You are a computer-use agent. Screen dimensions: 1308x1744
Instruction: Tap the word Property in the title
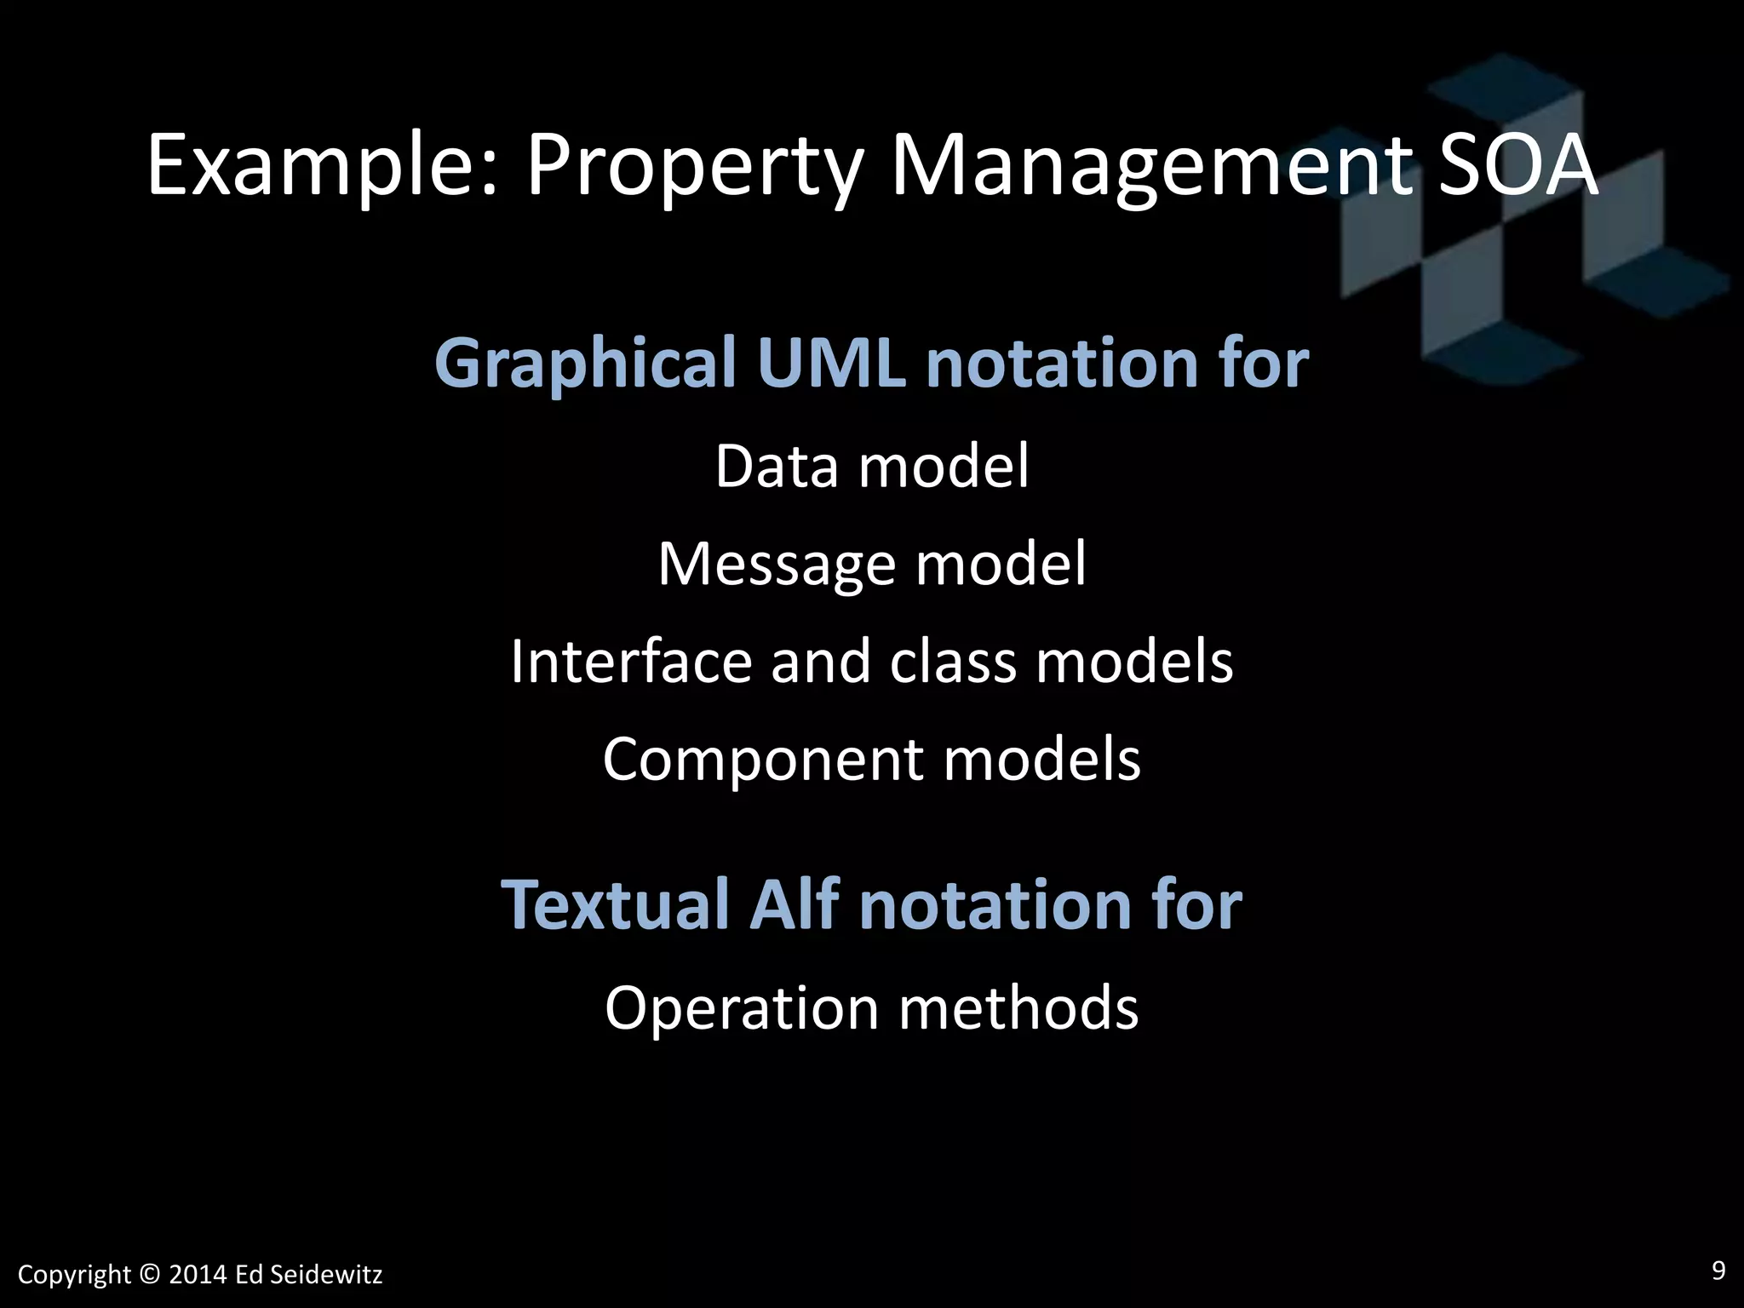[692, 167]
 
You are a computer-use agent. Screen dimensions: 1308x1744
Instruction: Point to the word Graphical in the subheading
[585, 364]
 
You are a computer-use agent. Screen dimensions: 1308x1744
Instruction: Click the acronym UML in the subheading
[831, 363]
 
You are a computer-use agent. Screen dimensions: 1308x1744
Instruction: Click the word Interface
[631, 662]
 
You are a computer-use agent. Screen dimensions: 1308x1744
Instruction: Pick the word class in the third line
[953, 662]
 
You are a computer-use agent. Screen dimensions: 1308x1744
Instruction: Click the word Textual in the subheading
[614, 904]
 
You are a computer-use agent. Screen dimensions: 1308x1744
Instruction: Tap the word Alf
[794, 904]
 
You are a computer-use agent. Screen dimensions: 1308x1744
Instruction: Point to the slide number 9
[1718, 1271]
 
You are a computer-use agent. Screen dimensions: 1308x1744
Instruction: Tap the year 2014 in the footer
[198, 1275]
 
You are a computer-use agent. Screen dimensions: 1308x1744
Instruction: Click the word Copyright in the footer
[74, 1276]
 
